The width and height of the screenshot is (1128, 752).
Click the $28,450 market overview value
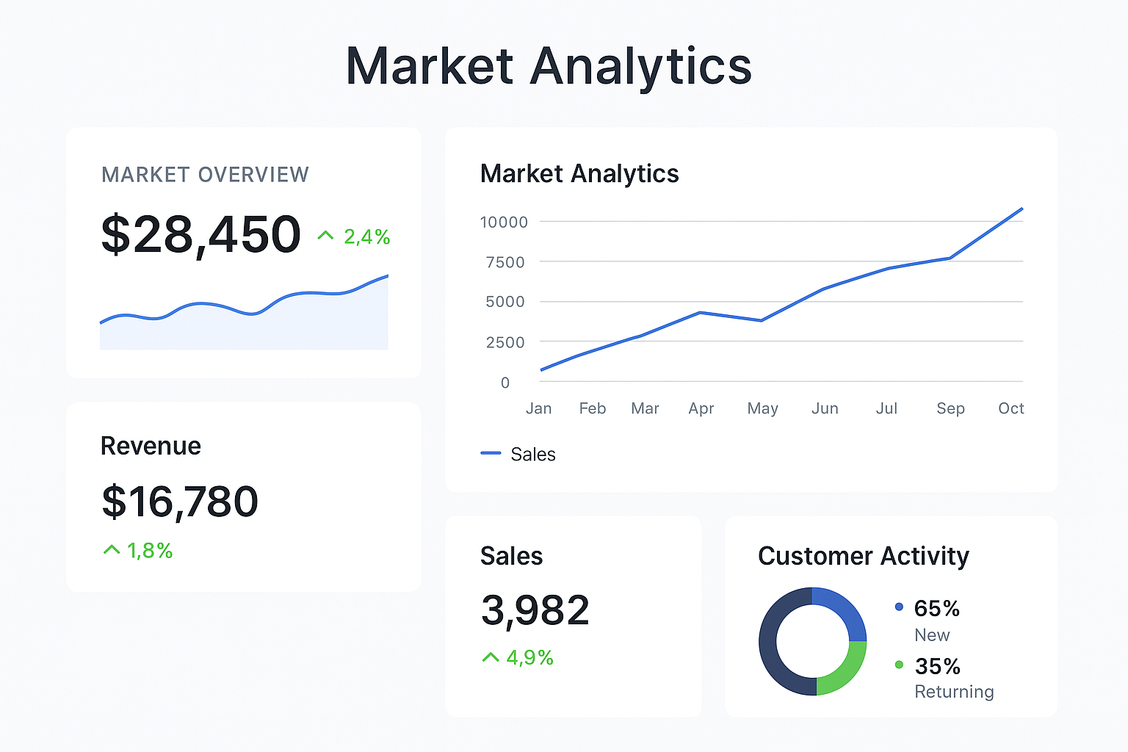pos(200,235)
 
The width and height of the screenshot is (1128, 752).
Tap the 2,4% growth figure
pos(366,236)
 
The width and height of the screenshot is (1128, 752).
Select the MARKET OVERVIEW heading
pos(205,175)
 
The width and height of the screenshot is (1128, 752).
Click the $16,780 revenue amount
pos(180,502)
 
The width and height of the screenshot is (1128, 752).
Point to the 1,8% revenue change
pos(150,551)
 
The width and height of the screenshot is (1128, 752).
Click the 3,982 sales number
pos(535,610)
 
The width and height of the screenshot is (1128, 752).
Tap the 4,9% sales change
pos(529,657)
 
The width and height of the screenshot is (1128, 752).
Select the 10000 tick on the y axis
pos(504,222)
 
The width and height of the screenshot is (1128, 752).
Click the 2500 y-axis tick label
pos(505,342)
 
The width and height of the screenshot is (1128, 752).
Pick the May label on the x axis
pos(762,408)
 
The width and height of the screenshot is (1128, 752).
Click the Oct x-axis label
pos(1010,408)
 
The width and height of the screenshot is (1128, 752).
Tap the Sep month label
pos(950,408)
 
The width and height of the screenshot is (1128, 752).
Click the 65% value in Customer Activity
pos(936,608)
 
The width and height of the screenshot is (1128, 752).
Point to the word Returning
pos(954,692)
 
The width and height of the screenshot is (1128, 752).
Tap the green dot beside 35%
pos(899,665)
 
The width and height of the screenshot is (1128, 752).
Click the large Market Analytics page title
pos(549,66)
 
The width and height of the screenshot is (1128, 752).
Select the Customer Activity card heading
pos(863,556)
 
